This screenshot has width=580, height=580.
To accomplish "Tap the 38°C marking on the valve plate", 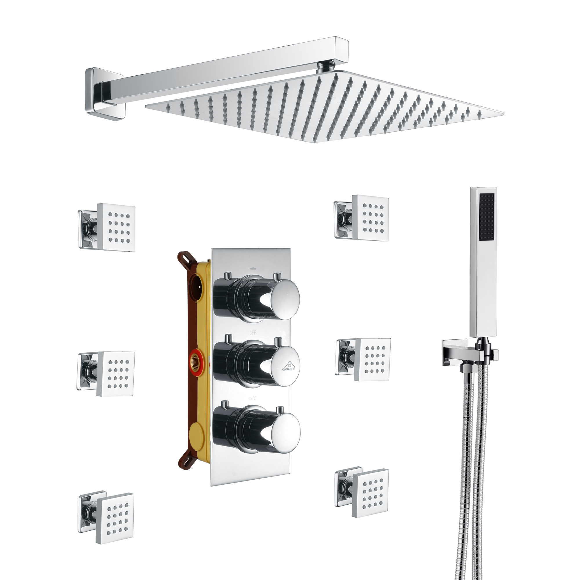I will tap(253, 398).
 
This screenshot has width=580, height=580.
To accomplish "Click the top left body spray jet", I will tap(116, 227).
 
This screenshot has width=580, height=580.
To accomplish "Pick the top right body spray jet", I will tap(370, 218).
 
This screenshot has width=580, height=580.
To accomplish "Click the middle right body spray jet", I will tap(372, 359).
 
